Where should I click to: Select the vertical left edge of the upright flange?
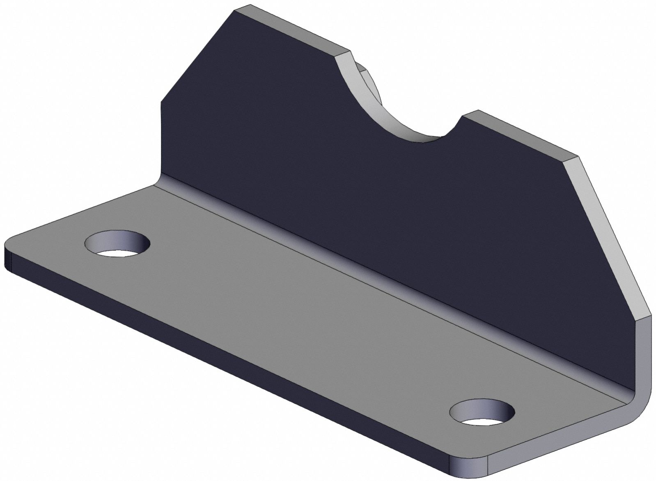[x=161, y=140]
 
